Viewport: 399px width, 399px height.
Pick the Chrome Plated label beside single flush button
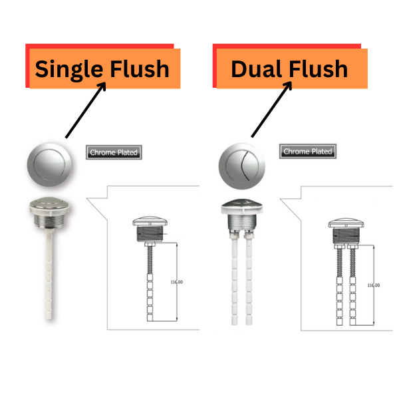coord(114,152)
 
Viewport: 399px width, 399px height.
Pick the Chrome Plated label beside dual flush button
coord(307,152)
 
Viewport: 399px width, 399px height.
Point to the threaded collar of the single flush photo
coord(51,216)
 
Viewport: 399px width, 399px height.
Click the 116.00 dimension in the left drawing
coord(177,282)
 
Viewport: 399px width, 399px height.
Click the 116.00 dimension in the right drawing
coord(374,285)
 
